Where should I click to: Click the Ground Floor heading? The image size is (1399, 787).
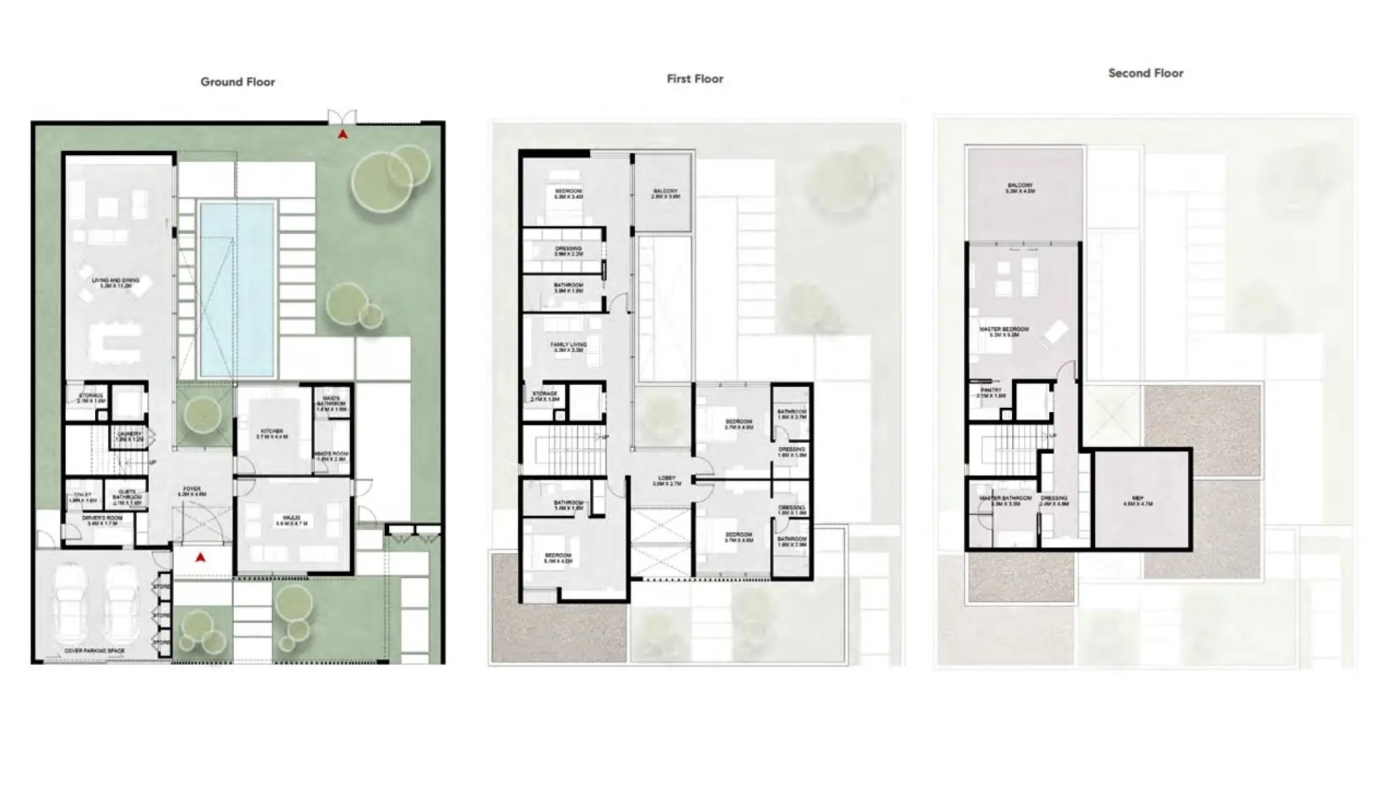pos(237,82)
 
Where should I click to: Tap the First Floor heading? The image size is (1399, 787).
pos(694,79)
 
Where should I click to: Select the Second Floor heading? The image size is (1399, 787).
pos(1145,73)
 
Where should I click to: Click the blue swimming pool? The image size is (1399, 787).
pos(237,289)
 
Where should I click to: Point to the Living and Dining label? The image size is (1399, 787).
pos(116,283)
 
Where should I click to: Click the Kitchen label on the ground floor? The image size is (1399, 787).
pos(272,434)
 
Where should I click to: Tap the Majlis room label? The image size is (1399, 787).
pos(291,520)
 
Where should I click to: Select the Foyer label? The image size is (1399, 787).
pos(192,492)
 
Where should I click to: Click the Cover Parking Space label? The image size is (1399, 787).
pos(94,651)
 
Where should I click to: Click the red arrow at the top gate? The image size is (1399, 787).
pos(343,134)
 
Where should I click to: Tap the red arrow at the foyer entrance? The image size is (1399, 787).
pos(201,557)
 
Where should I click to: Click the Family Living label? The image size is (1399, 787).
pos(569,347)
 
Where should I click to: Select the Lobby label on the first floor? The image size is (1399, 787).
pos(667,481)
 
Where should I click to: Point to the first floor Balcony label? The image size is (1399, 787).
pos(665,193)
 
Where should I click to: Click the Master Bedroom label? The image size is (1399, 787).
pos(1004,331)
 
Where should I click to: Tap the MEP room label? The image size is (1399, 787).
pos(1138,501)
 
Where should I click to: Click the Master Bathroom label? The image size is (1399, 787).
pos(1006,500)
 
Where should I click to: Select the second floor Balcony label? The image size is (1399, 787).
pos(1020,188)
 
